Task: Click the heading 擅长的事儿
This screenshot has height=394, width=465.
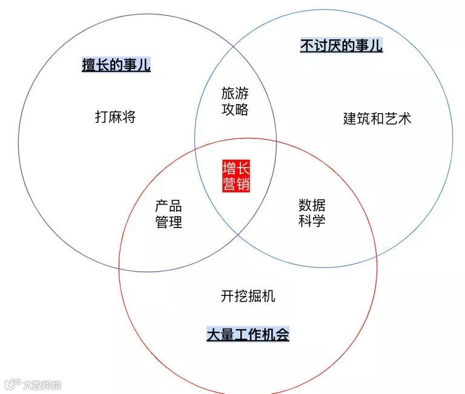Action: click(116, 65)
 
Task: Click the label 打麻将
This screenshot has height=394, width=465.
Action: click(115, 117)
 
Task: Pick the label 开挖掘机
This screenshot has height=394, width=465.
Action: click(248, 296)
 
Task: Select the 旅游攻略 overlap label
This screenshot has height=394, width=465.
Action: click(235, 102)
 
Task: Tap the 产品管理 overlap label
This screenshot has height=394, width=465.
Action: click(168, 214)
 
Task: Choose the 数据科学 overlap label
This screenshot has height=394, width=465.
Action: click(312, 212)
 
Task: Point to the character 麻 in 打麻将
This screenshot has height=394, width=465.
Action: click(115, 117)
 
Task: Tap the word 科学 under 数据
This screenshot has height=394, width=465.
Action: click(312, 220)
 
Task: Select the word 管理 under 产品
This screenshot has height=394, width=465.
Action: click(168, 223)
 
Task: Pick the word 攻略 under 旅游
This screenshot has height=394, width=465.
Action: click(235, 110)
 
